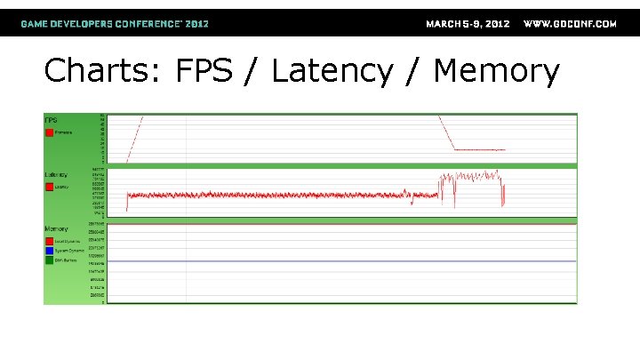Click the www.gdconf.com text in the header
570,24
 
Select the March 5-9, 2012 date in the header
468,24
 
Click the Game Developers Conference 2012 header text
115,24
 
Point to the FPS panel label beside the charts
51,119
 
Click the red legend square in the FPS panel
49,132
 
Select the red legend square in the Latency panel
49,187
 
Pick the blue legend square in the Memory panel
49,250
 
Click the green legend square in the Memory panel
49,260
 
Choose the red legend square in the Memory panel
49,240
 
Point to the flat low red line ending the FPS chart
480,150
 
